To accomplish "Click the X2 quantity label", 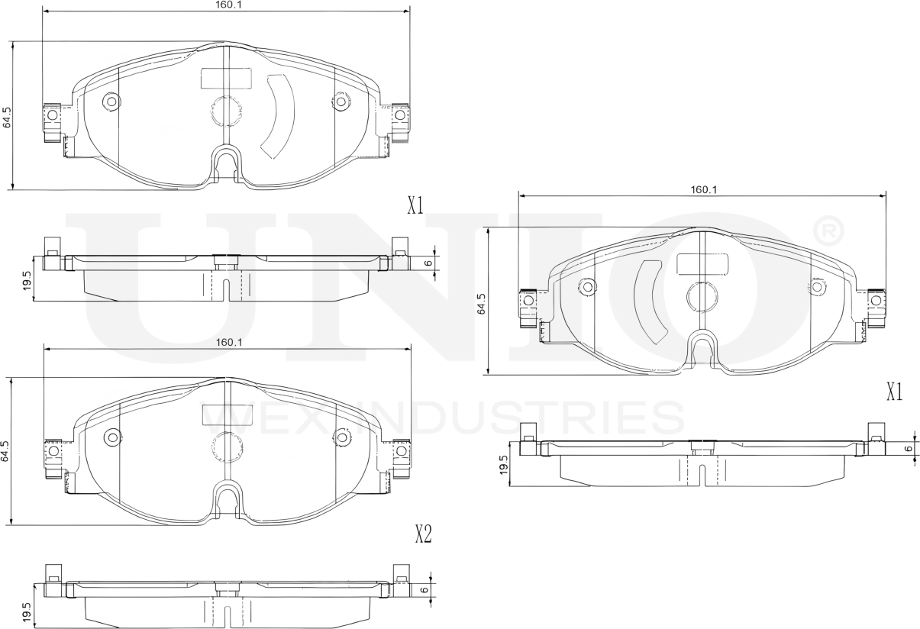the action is click(x=424, y=534).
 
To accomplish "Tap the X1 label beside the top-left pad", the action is click(x=415, y=205).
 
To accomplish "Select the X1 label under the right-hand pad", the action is click(x=895, y=392).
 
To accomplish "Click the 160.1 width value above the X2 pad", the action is click(x=229, y=342).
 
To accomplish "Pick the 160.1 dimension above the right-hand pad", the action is click(x=704, y=189).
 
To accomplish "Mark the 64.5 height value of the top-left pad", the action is click(x=7, y=118).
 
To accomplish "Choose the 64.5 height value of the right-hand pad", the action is click(x=481, y=304).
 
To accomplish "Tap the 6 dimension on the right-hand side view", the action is click(x=909, y=448).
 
